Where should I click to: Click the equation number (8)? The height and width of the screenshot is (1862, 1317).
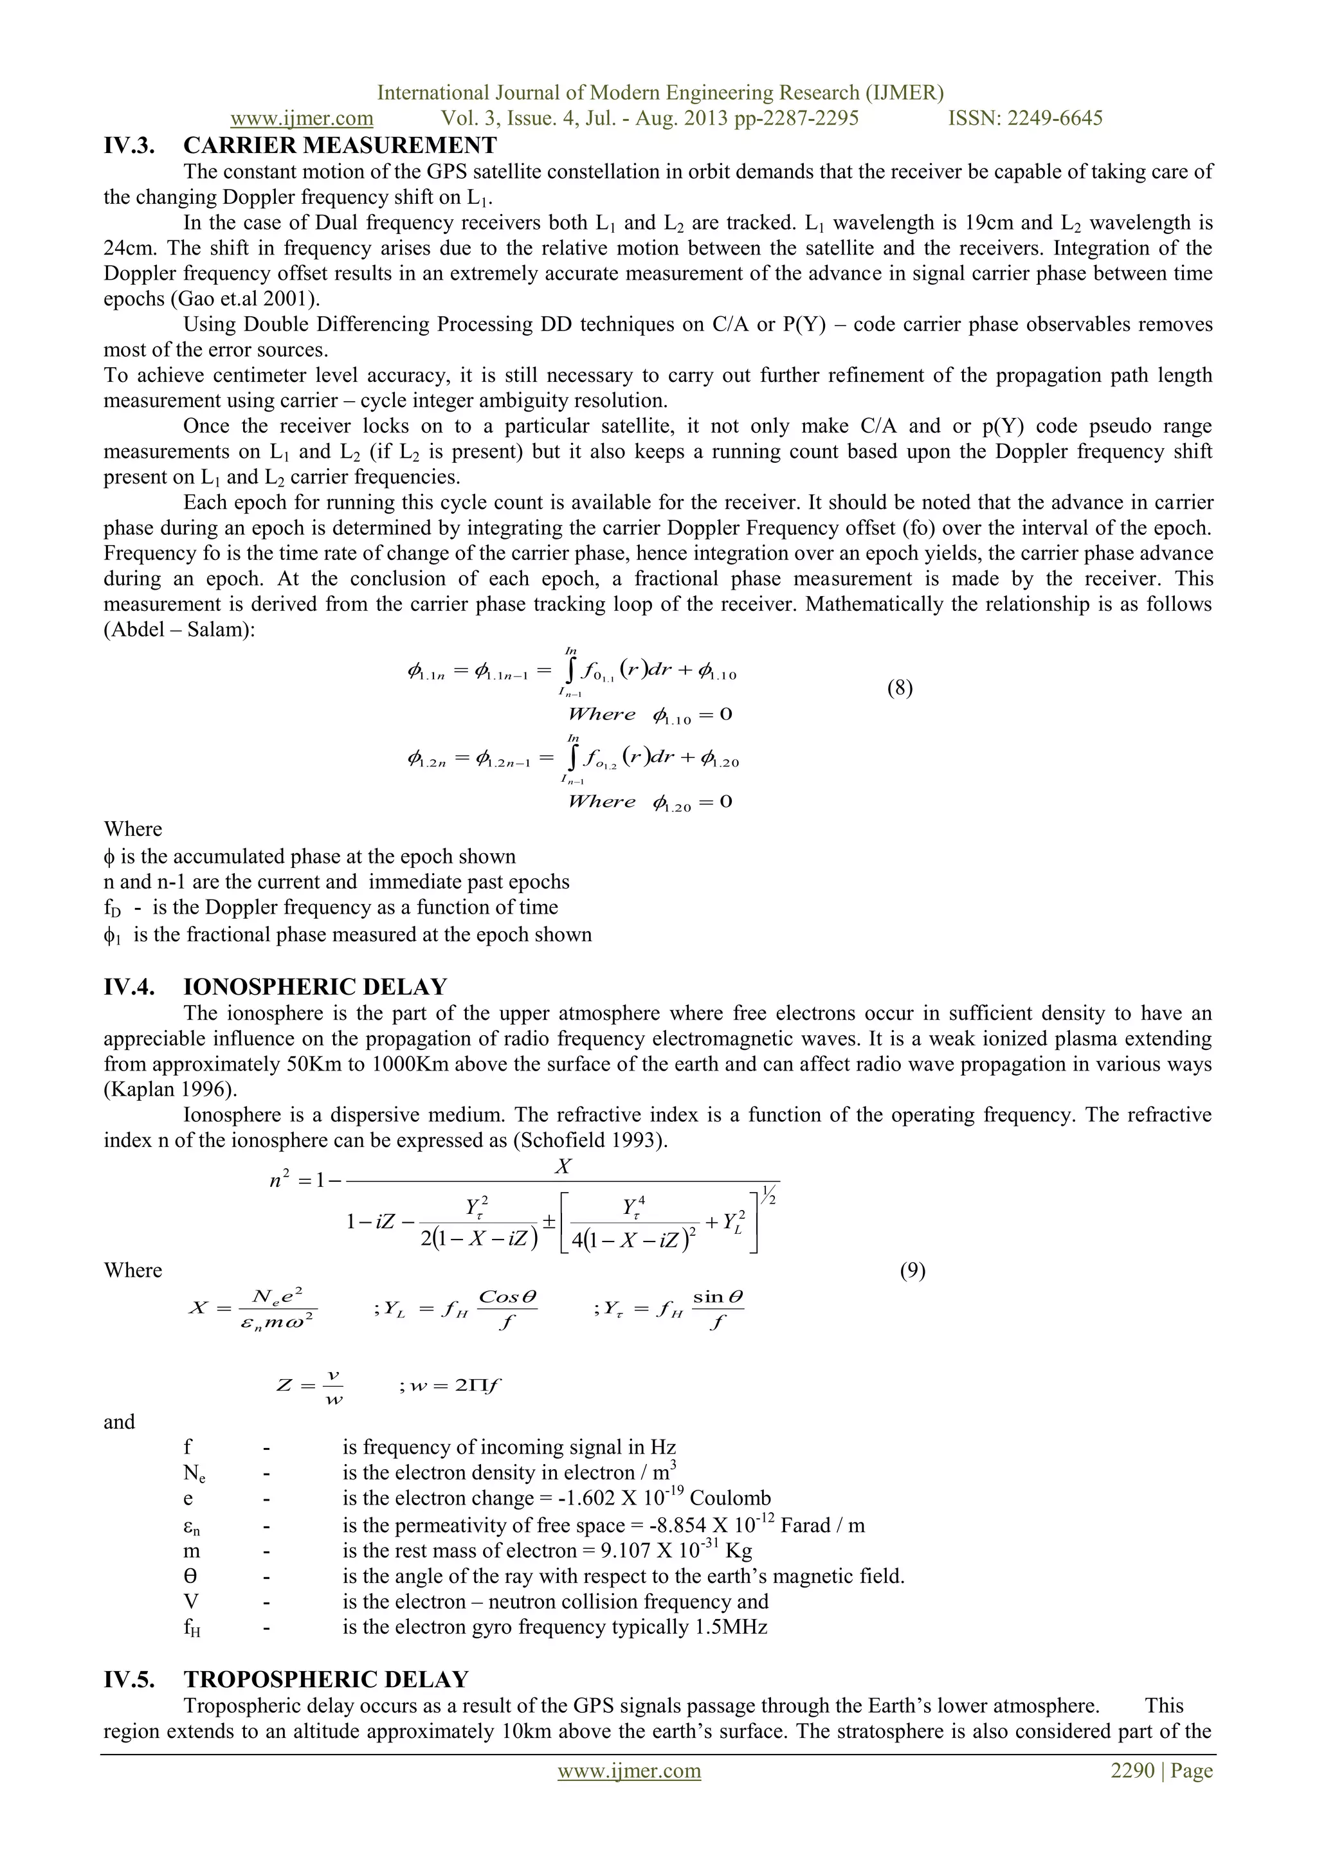900,689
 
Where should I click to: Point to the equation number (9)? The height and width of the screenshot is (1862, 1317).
913,1270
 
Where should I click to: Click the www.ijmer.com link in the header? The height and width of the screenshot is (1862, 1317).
302,118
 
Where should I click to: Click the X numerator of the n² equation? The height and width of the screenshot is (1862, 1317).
563,1167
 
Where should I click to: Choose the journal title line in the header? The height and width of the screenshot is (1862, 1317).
660,93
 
